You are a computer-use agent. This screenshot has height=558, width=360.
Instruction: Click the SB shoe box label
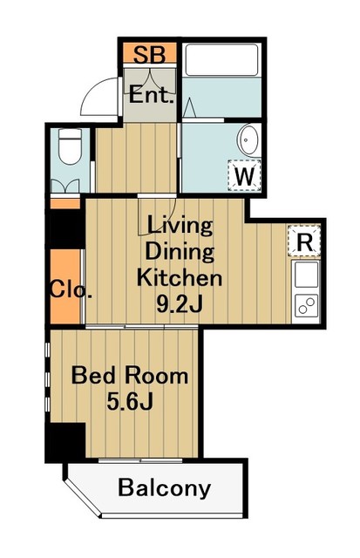point(150,55)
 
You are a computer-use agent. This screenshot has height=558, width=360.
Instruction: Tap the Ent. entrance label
point(151,95)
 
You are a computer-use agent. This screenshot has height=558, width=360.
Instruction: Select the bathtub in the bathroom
point(221,60)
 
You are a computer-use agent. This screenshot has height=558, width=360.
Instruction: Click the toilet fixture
point(70,146)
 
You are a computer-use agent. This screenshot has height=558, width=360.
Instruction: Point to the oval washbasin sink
point(249,140)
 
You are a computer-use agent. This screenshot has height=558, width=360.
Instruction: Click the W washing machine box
point(245,175)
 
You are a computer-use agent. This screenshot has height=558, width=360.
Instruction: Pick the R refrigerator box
point(304,242)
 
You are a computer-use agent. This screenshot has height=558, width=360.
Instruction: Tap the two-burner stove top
point(306,305)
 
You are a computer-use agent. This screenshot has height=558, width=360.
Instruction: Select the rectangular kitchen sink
point(306,274)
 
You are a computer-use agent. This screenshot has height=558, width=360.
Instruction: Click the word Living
point(180,227)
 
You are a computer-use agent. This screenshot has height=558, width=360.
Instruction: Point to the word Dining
point(180,252)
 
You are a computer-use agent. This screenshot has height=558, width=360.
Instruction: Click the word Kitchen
point(180,277)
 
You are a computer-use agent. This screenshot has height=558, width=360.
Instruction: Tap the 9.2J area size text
point(180,303)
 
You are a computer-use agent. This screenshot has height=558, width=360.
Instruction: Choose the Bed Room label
point(130,376)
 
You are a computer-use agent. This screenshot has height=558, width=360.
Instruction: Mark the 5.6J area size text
point(130,402)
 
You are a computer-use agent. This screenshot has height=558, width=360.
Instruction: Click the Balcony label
point(165,488)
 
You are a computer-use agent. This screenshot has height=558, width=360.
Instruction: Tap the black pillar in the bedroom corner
point(65,441)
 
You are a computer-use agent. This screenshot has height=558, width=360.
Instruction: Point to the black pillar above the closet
point(66,228)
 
